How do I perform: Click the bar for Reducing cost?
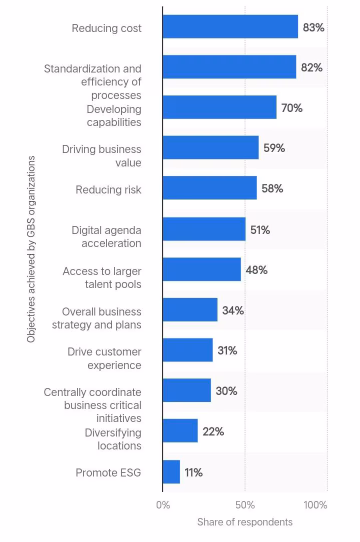click(230, 26)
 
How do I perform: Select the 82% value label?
click(311, 67)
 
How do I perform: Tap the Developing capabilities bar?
click(219, 107)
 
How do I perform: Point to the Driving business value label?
click(101, 156)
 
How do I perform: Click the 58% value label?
click(272, 188)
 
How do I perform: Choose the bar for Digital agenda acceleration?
click(204, 229)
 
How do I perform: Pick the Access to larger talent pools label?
click(102, 277)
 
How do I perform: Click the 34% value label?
click(233, 310)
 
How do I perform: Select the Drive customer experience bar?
click(187, 350)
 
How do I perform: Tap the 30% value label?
click(226, 391)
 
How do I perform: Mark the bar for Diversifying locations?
click(180, 430)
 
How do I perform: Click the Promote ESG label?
click(108, 472)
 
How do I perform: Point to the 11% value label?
click(193, 472)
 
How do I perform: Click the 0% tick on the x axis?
click(163, 505)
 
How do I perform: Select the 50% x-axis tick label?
click(245, 505)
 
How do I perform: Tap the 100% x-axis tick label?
click(315, 505)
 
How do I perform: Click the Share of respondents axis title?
click(245, 522)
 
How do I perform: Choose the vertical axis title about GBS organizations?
click(31, 249)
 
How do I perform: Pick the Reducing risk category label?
click(108, 190)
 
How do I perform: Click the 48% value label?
click(256, 270)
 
